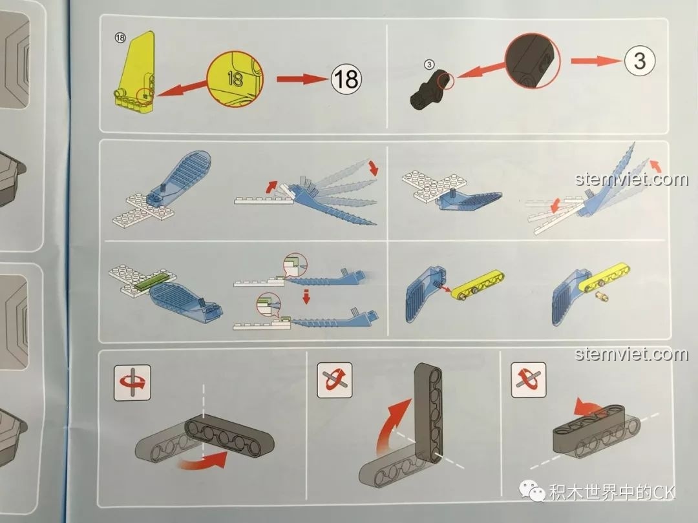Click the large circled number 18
pos(346,79)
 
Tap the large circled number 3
pos(639,61)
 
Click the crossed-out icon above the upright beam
pos(335,381)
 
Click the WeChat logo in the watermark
pos(536,494)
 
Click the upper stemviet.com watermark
pos(631,179)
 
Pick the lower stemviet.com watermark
pos(631,354)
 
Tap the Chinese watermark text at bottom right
pos(611,494)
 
